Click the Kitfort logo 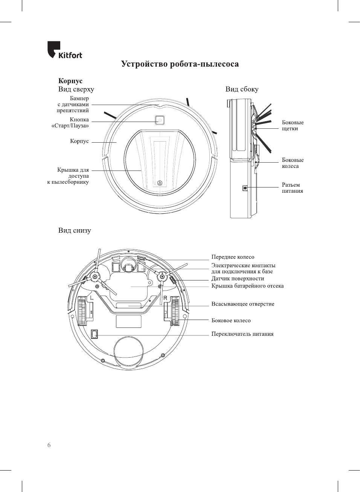coord(64,50)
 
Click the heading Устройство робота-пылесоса coord(180,64)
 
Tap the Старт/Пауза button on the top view coord(160,120)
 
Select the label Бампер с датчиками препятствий coord(73,105)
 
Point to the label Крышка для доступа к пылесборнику coord(69,176)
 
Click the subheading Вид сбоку coord(242,89)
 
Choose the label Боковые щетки coord(292,125)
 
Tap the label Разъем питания coord(292,188)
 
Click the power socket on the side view coord(245,187)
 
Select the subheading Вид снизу coord(75,230)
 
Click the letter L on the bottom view coord(92,298)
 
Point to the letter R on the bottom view coord(165,298)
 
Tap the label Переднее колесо coord(233,257)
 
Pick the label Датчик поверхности coord(238,279)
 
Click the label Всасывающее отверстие coord(243,304)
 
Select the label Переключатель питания coord(242,334)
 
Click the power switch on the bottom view coord(95,334)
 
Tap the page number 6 coord(49,445)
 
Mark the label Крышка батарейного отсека coord(247,286)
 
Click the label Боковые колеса coord(292,163)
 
